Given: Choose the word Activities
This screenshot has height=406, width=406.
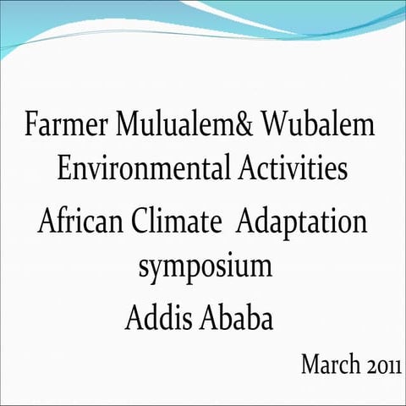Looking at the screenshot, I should (290, 168).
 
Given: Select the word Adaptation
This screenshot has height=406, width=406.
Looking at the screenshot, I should (302, 225).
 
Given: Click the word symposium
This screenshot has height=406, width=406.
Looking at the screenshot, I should (205, 268).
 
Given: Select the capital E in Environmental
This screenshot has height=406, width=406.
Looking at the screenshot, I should (64, 168).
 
